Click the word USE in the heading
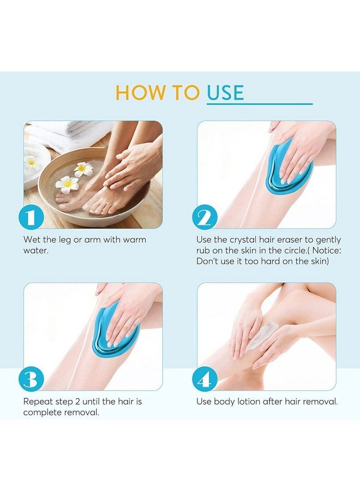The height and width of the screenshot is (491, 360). [225, 93]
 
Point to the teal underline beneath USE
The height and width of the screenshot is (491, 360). [259, 104]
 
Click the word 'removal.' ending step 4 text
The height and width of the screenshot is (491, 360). [320, 402]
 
